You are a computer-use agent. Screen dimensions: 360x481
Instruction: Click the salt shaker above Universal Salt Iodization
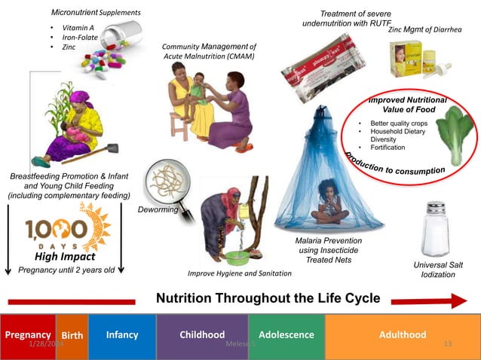[437, 230]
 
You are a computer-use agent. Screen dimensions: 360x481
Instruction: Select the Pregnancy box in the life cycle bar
[28, 334]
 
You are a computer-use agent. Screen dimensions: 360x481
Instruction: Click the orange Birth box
[72, 335]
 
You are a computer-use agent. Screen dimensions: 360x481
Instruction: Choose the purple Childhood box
[202, 334]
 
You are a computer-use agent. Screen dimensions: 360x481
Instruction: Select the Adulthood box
[402, 334]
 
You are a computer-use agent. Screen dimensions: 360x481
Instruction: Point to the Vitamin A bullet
[76, 27]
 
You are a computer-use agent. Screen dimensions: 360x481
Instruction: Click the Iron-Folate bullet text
[80, 37]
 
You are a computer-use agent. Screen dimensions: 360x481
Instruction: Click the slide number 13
[448, 343]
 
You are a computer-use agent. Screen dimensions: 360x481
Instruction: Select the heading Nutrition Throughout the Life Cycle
[268, 298]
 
